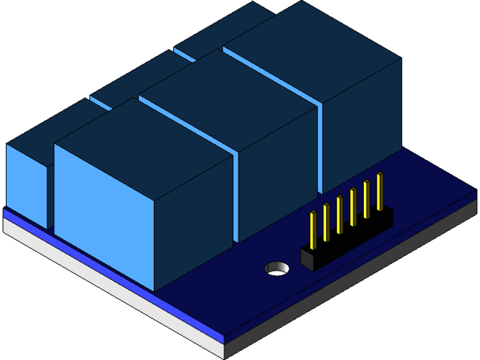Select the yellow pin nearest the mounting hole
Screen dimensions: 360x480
click(313, 229)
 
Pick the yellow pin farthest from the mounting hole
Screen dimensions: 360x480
click(379, 191)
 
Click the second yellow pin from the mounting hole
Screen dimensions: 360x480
click(326, 222)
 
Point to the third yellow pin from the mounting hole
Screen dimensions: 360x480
click(340, 214)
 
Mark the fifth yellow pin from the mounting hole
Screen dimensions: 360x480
click(367, 199)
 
